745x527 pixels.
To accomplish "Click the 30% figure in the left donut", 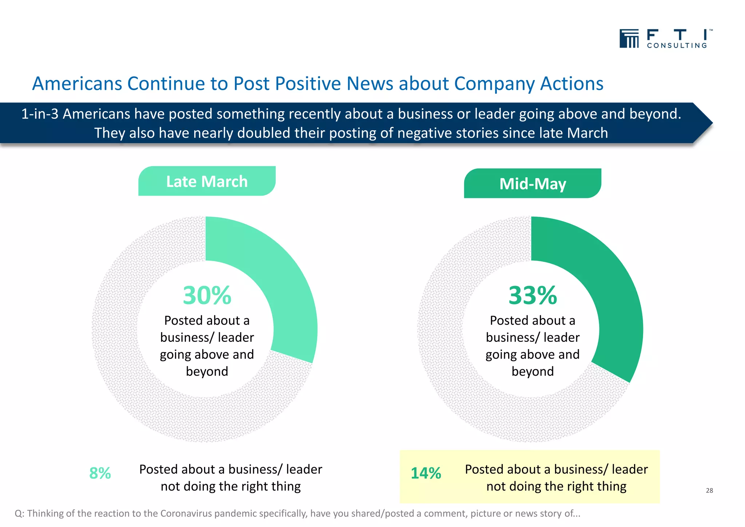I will (x=207, y=295).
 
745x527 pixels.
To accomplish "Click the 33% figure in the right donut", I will (x=532, y=295).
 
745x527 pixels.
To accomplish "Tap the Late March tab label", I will (x=207, y=181).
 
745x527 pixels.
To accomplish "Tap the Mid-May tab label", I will (x=532, y=184).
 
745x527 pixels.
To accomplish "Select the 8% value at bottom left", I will (x=100, y=473).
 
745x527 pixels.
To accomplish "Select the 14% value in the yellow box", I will (x=426, y=473).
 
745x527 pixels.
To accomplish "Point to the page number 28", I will (x=709, y=490).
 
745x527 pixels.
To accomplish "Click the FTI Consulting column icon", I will (x=629, y=39).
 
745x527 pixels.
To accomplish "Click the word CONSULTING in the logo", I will (x=677, y=46).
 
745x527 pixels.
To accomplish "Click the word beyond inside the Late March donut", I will (x=207, y=371).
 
